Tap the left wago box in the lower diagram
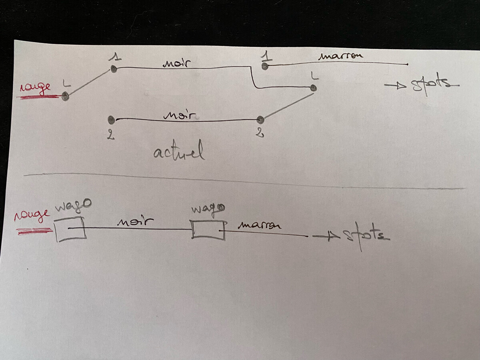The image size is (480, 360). (70, 229)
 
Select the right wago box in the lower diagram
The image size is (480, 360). (208, 230)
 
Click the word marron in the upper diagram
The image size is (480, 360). (341, 56)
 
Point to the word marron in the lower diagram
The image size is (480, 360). (259, 225)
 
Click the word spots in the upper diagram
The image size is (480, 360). (430, 85)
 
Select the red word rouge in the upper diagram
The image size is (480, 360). (35, 87)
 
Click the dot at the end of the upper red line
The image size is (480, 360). (65, 96)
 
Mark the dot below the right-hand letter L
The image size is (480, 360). (314, 88)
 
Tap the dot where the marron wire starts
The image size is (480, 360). (264, 66)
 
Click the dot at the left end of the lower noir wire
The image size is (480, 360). (112, 120)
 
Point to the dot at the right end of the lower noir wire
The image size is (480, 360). (260, 119)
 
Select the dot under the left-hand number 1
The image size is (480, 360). (114, 69)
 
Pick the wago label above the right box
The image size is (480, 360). (207, 210)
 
